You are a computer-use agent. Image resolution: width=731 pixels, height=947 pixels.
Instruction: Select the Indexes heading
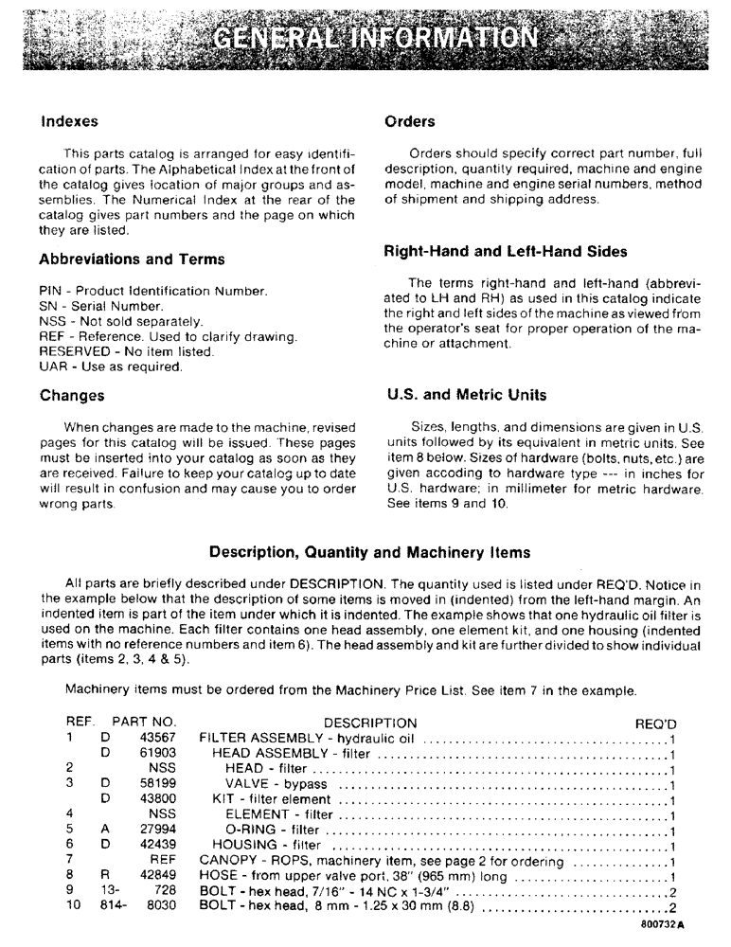point(69,122)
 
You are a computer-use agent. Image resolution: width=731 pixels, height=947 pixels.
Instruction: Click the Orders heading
point(409,122)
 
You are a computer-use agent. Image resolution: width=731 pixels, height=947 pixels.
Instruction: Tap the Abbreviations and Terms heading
point(132,259)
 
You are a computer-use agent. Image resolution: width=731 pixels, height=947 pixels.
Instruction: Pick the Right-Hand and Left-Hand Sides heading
point(505,253)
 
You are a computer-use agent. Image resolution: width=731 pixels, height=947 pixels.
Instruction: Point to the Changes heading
point(72,396)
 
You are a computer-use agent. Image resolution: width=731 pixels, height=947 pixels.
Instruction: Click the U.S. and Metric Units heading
point(466,395)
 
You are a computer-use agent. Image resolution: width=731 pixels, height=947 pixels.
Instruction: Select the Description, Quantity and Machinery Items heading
point(369,552)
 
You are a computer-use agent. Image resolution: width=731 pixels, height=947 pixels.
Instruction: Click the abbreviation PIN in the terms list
point(50,291)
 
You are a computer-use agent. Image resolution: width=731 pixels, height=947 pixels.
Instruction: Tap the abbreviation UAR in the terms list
point(52,367)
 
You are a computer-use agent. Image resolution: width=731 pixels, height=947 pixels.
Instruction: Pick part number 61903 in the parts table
point(157,754)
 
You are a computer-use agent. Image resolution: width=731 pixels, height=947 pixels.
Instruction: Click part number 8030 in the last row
point(160,905)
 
